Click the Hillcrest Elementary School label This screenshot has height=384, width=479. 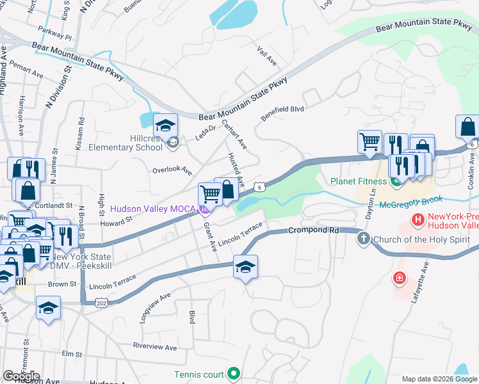tap(132, 142)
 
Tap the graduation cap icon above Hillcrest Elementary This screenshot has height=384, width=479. tap(166, 125)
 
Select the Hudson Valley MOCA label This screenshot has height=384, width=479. tap(154, 209)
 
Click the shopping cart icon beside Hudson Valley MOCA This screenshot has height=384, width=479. tap(210, 194)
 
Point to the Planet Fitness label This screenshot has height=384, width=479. tap(359, 181)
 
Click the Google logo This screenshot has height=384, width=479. tap(21, 376)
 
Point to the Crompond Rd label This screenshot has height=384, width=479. tap(312, 230)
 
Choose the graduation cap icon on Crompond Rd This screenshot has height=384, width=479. tap(245, 266)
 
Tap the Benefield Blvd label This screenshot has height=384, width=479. tap(282, 113)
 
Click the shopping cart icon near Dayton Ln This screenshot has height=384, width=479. tap(369, 143)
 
